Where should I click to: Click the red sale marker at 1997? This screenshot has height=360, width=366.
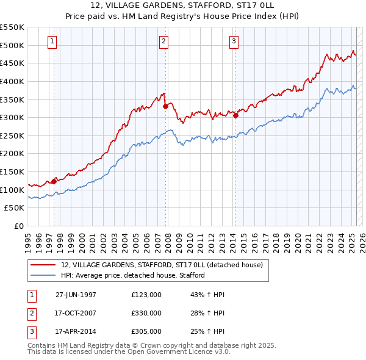[54, 181]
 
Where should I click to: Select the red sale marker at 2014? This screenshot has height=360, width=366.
[235, 115]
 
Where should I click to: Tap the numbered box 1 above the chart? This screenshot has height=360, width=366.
[52, 41]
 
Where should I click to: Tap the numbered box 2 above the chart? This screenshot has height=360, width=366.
[164, 41]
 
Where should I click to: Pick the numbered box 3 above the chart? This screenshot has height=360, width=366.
[234, 41]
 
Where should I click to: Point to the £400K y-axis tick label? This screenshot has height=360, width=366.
[12, 81]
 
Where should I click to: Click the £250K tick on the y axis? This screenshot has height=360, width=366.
[12, 135]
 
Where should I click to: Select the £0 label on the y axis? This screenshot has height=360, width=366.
[18, 226]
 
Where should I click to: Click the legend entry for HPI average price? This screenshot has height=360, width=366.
[132, 275]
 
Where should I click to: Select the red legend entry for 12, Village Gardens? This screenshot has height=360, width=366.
[162, 265]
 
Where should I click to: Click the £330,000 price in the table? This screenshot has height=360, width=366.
[146, 313]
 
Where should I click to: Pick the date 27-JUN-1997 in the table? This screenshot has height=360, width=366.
[76, 294]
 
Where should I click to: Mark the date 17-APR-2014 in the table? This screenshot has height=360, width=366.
[76, 332]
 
